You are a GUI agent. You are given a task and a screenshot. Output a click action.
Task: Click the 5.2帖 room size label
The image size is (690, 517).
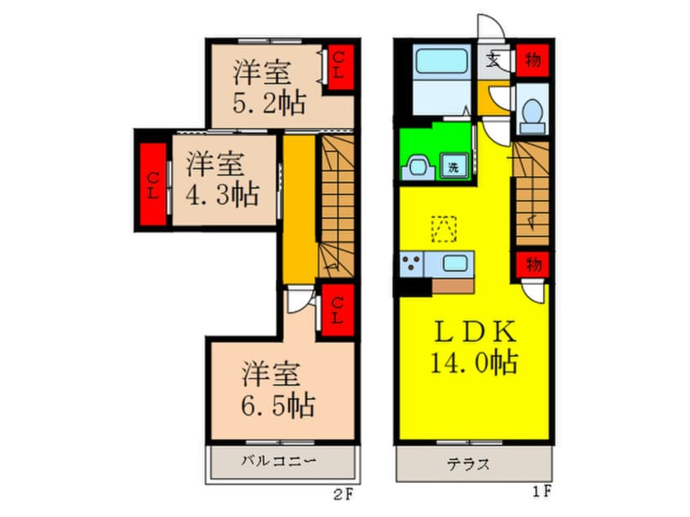pos(269,104)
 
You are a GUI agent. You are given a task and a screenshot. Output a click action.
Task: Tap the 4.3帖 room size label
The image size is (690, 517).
pos(222,195)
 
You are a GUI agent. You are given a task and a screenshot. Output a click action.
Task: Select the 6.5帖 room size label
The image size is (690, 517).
pos(278,405)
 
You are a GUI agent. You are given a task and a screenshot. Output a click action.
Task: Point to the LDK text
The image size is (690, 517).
pos(475,332)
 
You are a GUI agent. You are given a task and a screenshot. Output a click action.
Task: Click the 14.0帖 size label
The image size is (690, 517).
pos(474,363)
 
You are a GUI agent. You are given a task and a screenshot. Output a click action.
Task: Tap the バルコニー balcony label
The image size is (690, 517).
pos(279,461)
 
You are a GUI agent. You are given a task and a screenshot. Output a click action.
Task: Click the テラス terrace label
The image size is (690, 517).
pos(468,464)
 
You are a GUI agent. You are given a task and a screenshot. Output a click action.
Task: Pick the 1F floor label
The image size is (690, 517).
pos(542,491)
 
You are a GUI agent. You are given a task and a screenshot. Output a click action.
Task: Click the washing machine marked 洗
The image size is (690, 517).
pos(454,166)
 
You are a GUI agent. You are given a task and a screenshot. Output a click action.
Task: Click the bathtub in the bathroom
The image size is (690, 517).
pos(441,62)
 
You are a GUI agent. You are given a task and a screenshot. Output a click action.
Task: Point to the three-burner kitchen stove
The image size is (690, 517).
pos(411,263)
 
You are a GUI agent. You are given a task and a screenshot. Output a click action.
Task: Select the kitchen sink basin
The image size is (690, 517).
pos(455,263)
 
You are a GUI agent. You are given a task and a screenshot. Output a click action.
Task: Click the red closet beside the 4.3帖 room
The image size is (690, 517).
pos(153,184)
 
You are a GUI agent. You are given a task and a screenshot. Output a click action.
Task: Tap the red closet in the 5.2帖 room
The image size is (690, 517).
pos(338,67)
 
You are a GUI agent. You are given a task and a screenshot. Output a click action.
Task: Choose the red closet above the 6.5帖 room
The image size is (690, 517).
pos(338,310)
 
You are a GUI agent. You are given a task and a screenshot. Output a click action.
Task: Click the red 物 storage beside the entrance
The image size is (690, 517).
pos(533,60)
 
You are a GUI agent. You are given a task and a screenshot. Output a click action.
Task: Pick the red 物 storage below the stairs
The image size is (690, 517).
pos(533,265)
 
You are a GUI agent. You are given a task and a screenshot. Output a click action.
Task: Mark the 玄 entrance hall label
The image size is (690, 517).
pos(493,60)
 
